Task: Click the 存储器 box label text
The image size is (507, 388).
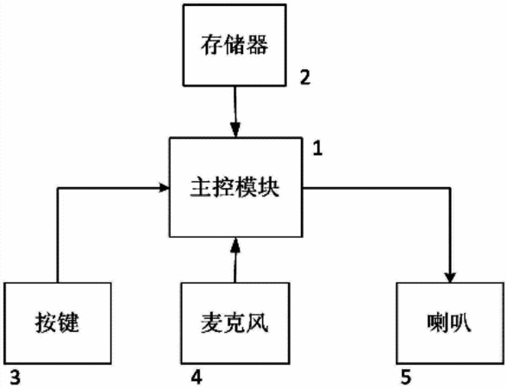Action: click(235, 45)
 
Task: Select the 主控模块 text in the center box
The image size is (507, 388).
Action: click(235, 187)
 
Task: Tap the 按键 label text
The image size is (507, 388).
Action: click(57, 322)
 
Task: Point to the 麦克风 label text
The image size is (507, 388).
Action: click(235, 322)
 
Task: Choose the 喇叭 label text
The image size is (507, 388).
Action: click(449, 322)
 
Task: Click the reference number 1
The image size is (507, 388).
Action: click(317, 149)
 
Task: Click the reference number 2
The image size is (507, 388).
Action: click(305, 78)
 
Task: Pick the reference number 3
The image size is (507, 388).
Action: click(16, 377)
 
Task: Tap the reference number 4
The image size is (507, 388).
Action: click(197, 377)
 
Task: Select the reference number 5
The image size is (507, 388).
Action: click(406, 377)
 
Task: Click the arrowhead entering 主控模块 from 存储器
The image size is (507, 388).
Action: click(235, 130)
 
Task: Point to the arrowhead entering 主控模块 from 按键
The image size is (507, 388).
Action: click(165, 188)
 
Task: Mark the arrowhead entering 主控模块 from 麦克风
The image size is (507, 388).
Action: click(235, 245)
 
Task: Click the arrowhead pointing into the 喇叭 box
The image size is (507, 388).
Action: click(450, 278)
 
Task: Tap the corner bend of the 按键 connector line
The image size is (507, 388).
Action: click(58, 188)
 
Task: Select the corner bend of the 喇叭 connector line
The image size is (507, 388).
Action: click(450, 188)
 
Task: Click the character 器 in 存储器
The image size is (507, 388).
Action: click(258, 45)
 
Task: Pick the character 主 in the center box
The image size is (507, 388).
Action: click(201, 187)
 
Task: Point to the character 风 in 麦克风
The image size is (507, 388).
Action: click(258, 322)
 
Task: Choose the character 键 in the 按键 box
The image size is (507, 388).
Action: click(68, 322)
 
